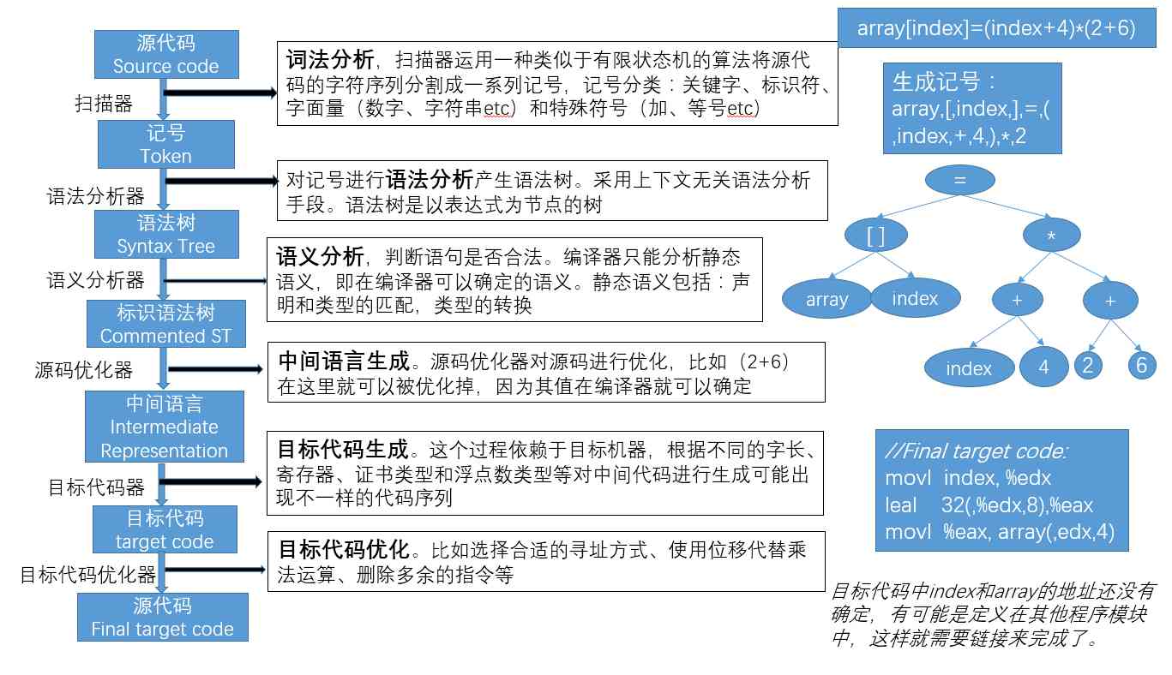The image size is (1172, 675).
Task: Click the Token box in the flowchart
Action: tap(165, 144)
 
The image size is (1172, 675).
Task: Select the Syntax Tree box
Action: tap(165, 234)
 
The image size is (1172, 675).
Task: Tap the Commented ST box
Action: tap(165, 324)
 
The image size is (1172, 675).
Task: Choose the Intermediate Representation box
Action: tap(165, 427)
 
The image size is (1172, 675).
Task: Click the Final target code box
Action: tap(162, 618)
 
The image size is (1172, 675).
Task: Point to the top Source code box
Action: tap(165, 54)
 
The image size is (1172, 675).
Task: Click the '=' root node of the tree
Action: tap(960, 180)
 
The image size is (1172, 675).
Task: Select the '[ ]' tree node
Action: tap(875, 236)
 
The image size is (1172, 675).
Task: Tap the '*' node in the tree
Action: tap(1052, 236)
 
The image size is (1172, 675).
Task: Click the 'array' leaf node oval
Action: tap(826, 300)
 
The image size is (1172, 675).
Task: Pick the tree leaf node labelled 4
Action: tap(1043, 367)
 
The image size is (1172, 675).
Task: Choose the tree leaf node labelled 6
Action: tap(1141, 364)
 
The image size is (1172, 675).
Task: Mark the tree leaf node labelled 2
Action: tap(1088, 364)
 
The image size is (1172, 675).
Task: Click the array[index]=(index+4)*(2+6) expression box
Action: tap(996, 28)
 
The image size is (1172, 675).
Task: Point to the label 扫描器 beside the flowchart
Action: tap(104, 105)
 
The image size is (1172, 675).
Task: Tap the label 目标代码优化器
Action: tap(87, 574)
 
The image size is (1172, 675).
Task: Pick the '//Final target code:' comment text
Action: tap(976, 451)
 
